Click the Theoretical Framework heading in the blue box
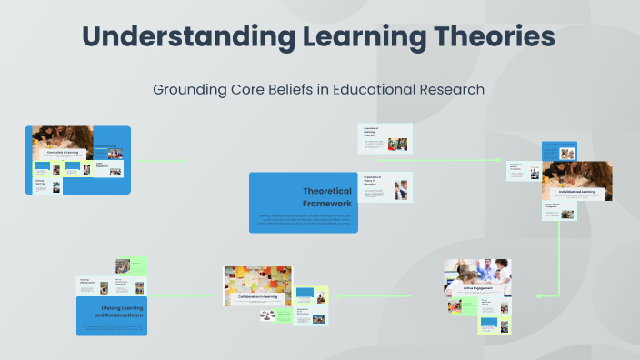320,197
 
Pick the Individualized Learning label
576,192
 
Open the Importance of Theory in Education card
385,186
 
